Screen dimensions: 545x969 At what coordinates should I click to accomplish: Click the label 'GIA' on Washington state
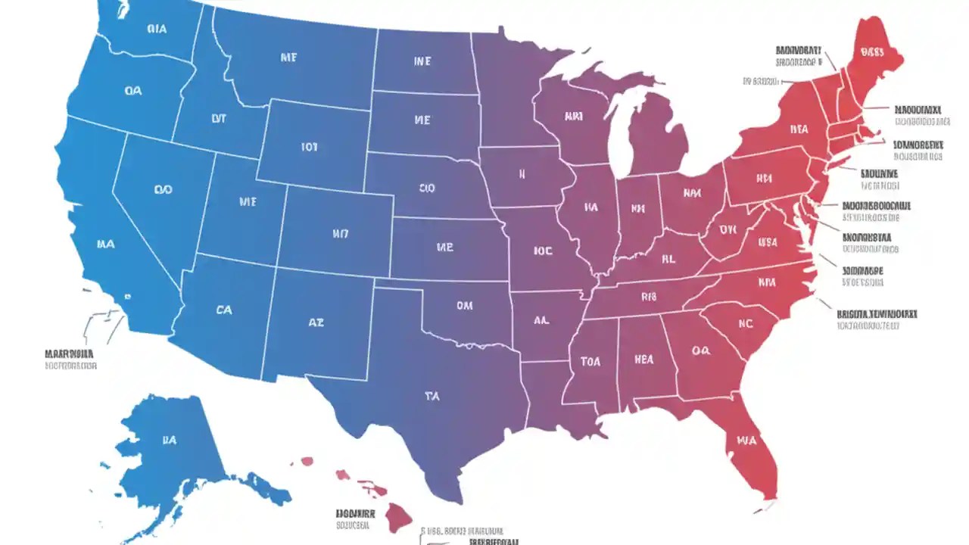pos(157,30)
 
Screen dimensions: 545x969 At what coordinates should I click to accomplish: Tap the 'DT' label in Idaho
pos(219,118)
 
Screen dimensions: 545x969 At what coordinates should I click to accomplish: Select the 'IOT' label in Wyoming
pos(309,147)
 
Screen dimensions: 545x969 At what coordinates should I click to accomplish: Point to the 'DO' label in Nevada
pos(163,190)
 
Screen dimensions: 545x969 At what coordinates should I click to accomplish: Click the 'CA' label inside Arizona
pos(224,310)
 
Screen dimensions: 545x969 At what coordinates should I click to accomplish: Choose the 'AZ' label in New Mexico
pos(316,322)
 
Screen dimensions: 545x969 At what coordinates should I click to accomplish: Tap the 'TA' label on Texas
pos(432,395)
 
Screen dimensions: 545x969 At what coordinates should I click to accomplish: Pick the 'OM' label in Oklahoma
pos(464,306)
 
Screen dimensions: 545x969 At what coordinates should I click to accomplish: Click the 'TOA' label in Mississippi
pos(590,362)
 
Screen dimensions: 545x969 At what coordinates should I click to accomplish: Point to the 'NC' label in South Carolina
pos(746,323)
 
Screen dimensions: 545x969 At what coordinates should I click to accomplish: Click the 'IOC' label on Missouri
pos(543,251)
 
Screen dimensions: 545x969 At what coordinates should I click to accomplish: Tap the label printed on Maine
pos(873,52)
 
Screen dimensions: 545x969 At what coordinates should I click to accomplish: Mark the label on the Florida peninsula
pos(746,439)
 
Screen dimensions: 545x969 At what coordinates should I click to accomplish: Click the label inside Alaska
pos(169,439)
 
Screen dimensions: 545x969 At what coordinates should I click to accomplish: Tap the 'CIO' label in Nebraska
pos(426,188)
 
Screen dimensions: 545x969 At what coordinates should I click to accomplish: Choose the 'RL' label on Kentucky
pos(668,259)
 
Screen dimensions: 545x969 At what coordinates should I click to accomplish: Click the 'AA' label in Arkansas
pos(541,320)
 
